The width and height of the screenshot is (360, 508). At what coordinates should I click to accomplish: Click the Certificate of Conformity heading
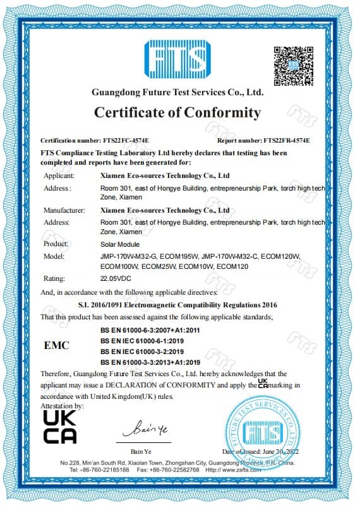pos(177,113)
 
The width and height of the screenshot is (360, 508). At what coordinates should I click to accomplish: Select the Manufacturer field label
pos(64,210)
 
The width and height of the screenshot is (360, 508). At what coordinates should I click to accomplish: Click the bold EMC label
pos(57,346)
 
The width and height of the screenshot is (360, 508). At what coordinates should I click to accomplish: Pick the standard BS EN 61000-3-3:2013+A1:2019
pos(150,362)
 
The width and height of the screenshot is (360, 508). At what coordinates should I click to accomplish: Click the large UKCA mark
pos(60,427)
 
